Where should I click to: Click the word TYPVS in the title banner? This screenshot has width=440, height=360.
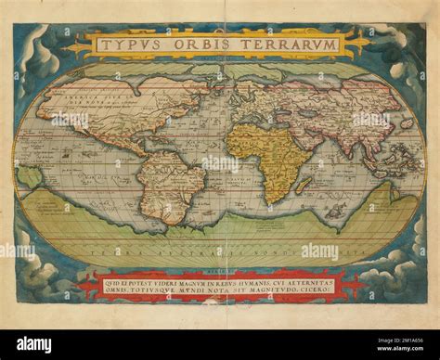pyautogui.click(x=136, y=44)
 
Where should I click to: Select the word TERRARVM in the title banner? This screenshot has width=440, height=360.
pyautogui.click(x=284, y=44)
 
